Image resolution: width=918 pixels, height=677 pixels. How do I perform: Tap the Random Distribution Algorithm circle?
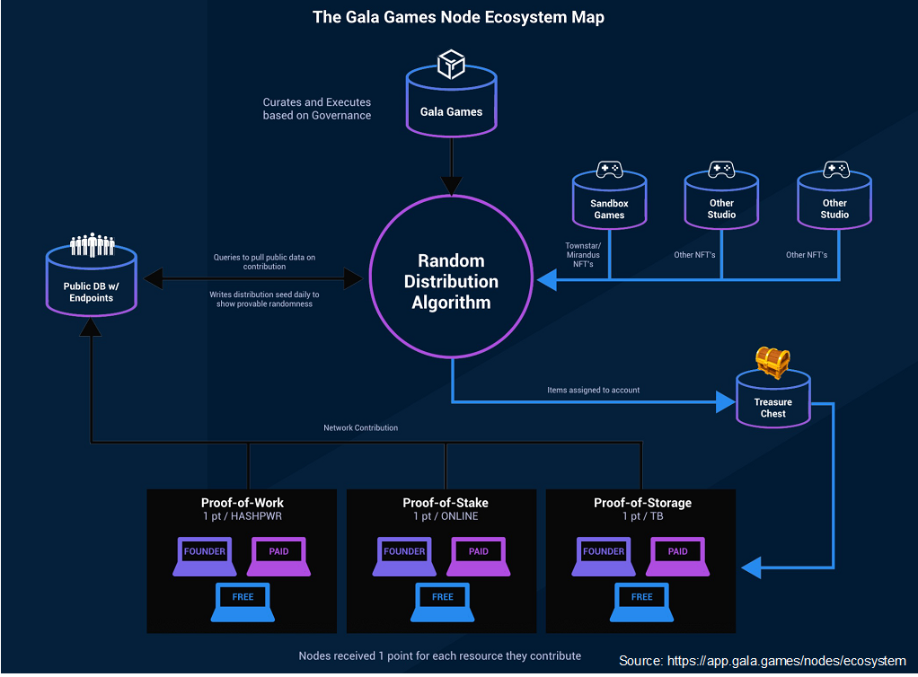451,281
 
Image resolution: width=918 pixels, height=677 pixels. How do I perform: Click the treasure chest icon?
772,361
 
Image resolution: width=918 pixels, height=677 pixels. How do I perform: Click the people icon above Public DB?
92,244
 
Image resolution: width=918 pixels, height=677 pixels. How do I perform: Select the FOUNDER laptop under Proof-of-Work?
204,555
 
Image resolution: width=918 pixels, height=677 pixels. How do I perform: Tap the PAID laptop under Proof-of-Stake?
478,555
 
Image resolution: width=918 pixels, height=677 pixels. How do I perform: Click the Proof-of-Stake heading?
446,503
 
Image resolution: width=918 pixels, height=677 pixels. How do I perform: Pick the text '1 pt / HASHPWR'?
242,516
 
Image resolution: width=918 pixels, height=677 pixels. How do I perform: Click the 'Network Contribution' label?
360,428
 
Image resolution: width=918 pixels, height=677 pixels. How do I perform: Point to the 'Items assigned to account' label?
593,391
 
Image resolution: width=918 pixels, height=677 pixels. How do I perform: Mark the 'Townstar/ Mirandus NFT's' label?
583,255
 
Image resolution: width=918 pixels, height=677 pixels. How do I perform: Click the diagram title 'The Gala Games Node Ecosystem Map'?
458,17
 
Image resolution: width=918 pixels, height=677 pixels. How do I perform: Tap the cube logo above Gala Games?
450,64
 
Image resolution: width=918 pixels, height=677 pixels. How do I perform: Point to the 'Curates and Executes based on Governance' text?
316,109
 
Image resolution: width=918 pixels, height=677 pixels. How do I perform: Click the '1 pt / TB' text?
641,516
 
